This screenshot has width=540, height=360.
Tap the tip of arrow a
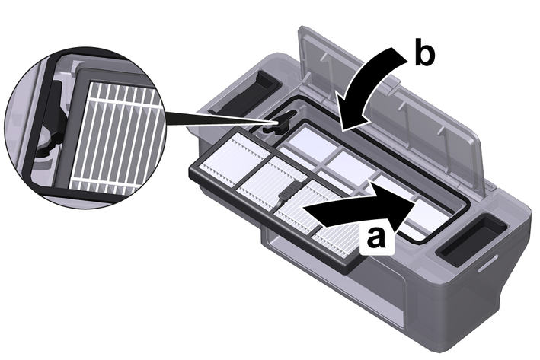(x=414, y=202)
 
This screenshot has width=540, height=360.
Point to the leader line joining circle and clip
(x=213, y=119)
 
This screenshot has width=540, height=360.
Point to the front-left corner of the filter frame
(x=194, y=171)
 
